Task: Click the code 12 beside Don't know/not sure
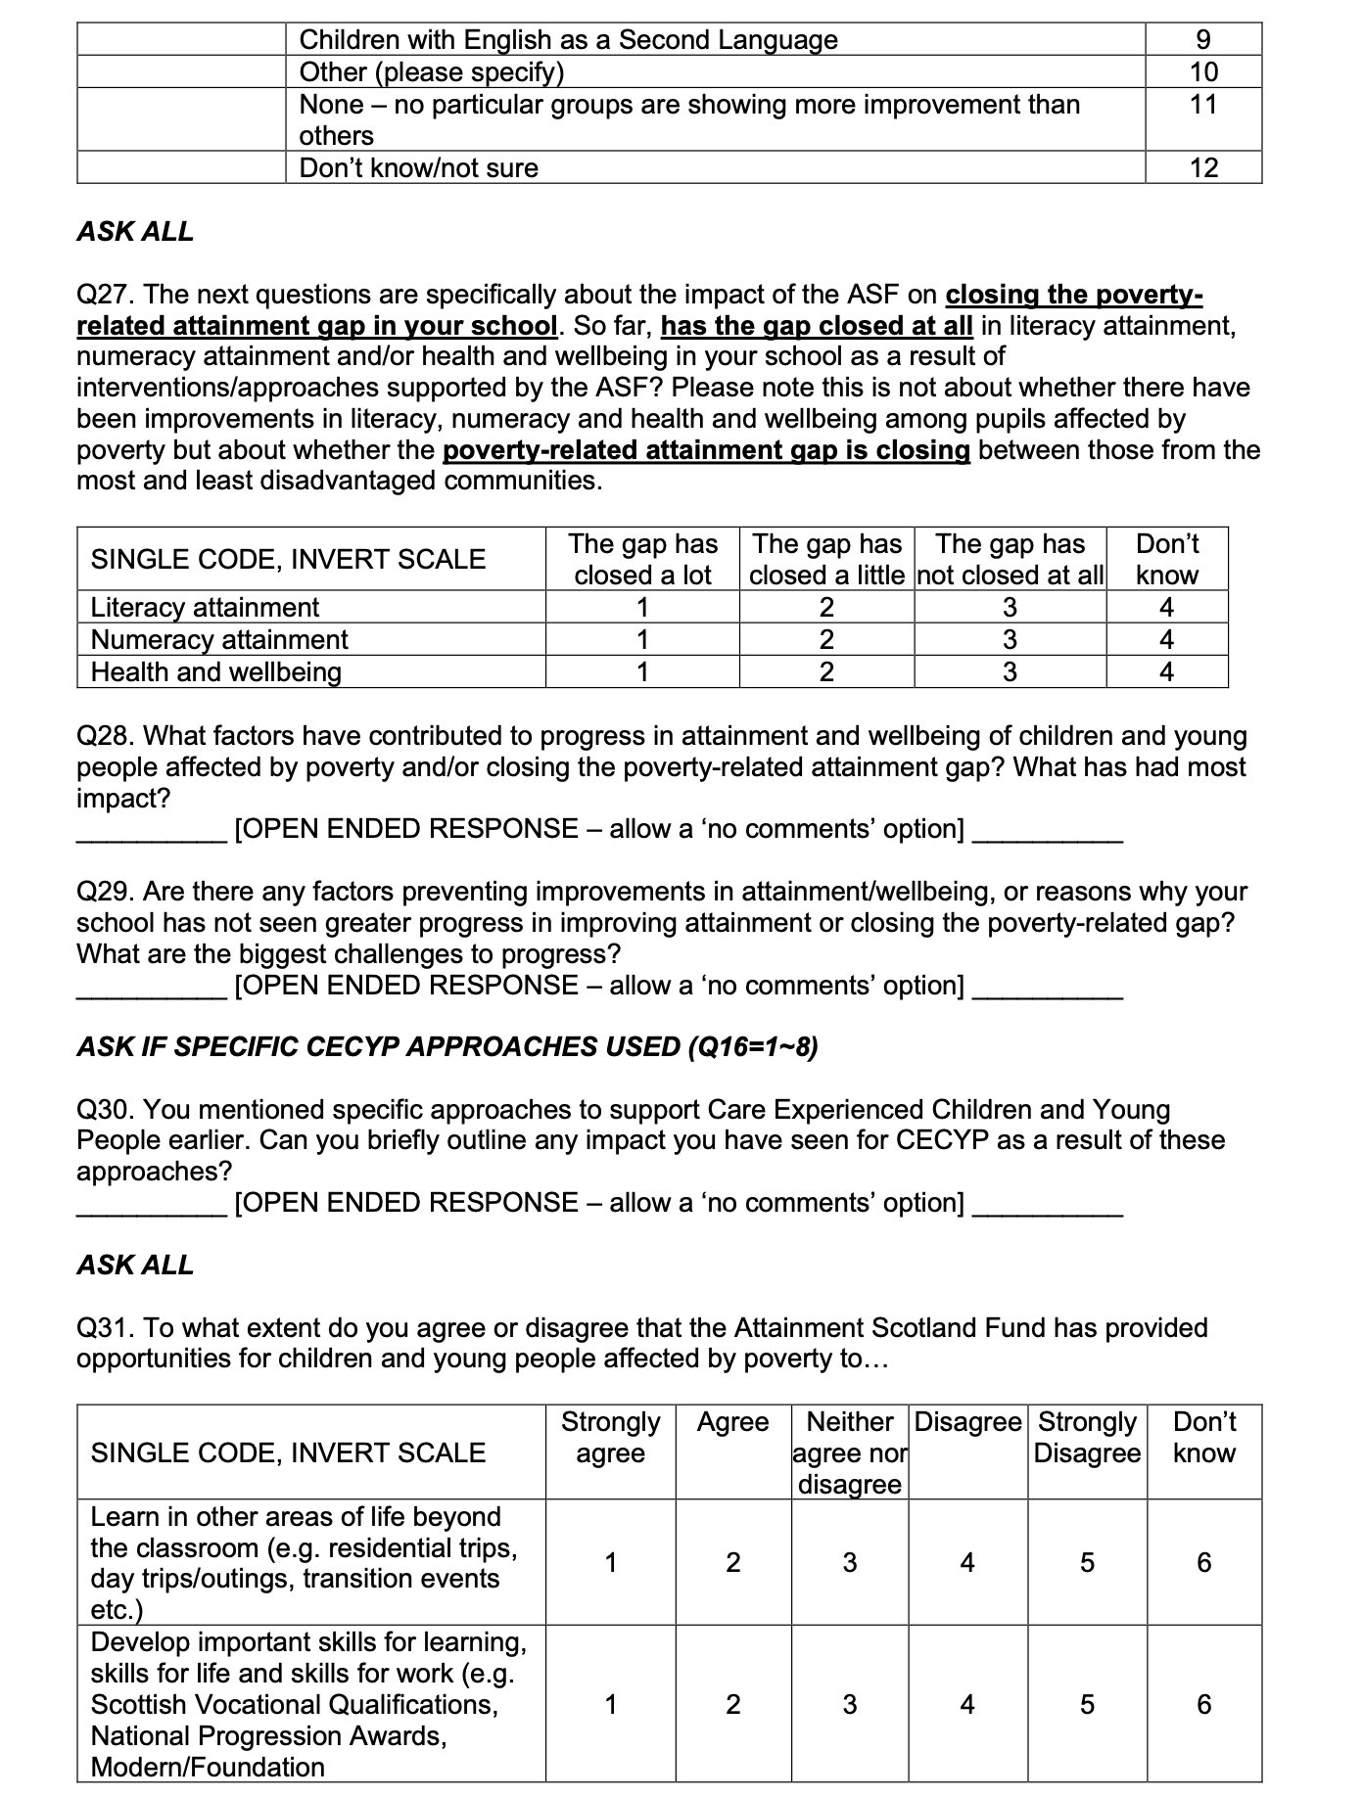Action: (x=1203, y=167)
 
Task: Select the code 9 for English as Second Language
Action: (x=1203, y=39)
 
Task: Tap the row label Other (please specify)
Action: (x=431, y=71)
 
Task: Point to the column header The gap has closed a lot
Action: (x=642, y=559)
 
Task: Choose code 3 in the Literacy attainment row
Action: (x=1010, y=607)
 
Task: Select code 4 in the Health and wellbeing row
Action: (x=1166, y=671)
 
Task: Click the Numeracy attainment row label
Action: (x=219, y=639)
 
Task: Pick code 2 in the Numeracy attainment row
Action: (x=826, y=639)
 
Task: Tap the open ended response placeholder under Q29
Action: (x=599, y=985)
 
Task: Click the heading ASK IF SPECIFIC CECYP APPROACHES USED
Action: (x=447, y=1046)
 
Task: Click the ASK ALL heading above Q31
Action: (x=135, y=1265)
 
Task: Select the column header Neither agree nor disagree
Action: (x=849, y=1452)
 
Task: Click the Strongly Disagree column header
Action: (x=1087, y=1437)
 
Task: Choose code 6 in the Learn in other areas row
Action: (x=1204, y=1562)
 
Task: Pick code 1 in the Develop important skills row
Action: (x=610, y=1704)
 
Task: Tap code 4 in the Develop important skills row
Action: (x=967, y=1704)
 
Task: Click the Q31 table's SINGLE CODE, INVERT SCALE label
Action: (x=288, y=1452)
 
